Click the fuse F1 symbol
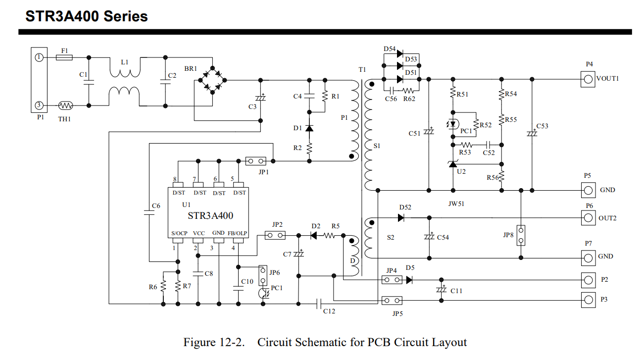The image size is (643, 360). tap(64, 57)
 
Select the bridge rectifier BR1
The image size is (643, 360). tap(212, 80)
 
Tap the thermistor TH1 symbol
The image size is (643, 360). tap(65, 105)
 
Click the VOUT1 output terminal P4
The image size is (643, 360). tap(588, 79)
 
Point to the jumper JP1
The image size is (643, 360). tap(255, 161)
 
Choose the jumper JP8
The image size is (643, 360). tap(521, 235)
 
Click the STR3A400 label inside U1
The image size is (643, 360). tap(210, 215)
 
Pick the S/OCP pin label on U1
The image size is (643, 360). tap(179, 233)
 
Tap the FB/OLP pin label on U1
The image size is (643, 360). tap(238, 233)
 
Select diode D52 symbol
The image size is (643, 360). tap(402, 217)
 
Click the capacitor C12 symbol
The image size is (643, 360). tap(319, 304)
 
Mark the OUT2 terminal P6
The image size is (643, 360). tap(588, 218)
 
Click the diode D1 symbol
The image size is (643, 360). tap(309, 128)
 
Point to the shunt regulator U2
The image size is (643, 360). tap(452, 164)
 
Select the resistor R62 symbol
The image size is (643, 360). tap(409, 91)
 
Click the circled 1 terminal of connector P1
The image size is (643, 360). tap(40, 57)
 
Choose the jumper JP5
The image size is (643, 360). tap(392, 301)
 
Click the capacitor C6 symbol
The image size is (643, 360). tap(149, 212)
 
